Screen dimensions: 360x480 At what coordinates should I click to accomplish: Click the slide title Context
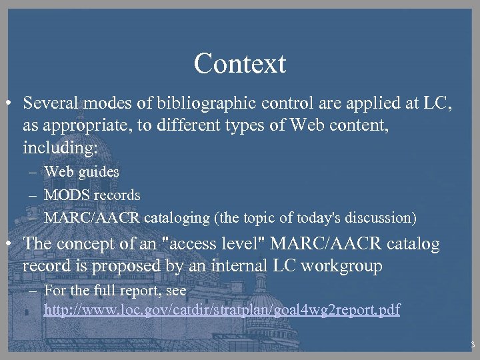tap(239, 63)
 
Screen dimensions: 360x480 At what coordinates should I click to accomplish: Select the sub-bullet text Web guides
tap(81, 171)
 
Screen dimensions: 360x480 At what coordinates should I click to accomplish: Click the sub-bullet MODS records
tap(92, 195)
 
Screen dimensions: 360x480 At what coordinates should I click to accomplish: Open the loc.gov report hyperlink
tap(221, 310)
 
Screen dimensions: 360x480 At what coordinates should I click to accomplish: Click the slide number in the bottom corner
tap(472, 345)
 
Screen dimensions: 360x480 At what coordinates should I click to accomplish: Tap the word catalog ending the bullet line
tap(413, 245)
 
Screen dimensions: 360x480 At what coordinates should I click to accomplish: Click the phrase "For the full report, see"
tap(115, 291)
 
